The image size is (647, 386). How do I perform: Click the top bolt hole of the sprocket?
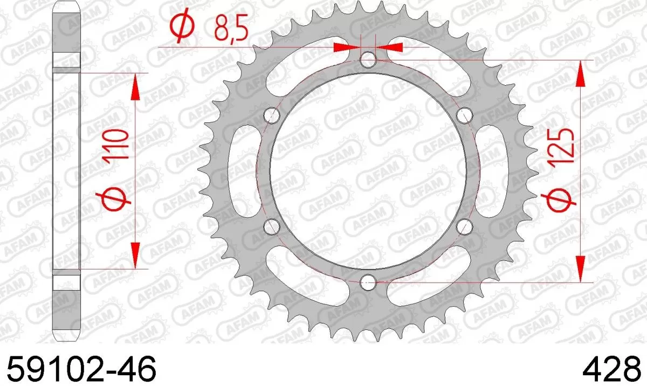coord(369,60)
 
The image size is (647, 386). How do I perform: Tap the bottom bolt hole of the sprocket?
coord(369,280)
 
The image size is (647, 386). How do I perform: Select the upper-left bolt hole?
coord(273,115)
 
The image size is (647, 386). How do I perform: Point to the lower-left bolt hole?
coord(273,226)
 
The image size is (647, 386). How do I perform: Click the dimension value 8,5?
coord(231,29)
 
